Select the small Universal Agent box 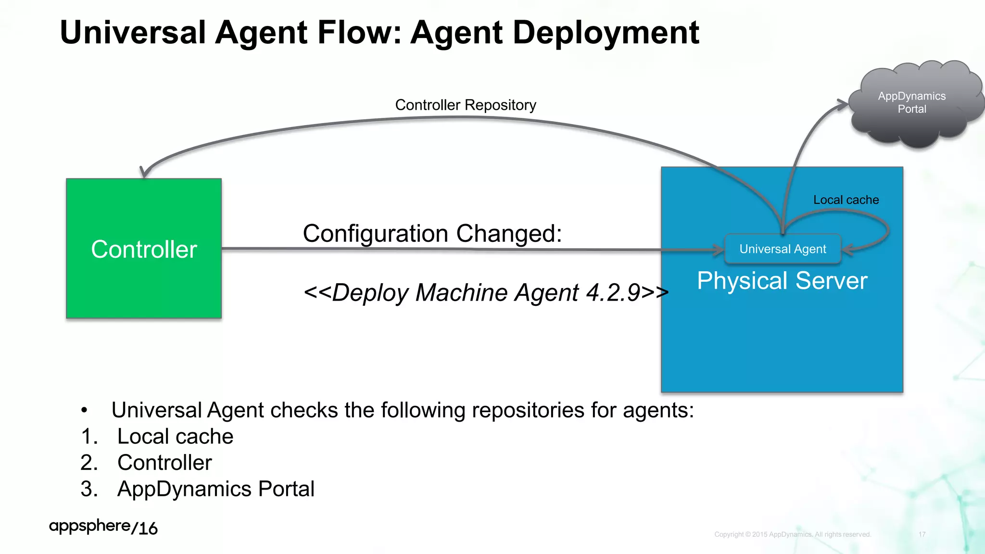(783, 249)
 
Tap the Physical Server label (782, 281)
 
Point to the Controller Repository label (466, 105)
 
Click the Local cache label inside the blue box (846, 200)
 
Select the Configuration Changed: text (432, 234)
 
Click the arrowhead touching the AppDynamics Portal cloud (843, 104)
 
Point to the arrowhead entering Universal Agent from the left (719, 250)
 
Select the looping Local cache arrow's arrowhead (847, 249)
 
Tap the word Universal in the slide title (133, 33)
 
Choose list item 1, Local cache (175, 437)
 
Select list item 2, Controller (164, 463)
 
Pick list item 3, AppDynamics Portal (215, 489)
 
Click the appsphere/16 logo (103, 527)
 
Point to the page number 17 (922, 534)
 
